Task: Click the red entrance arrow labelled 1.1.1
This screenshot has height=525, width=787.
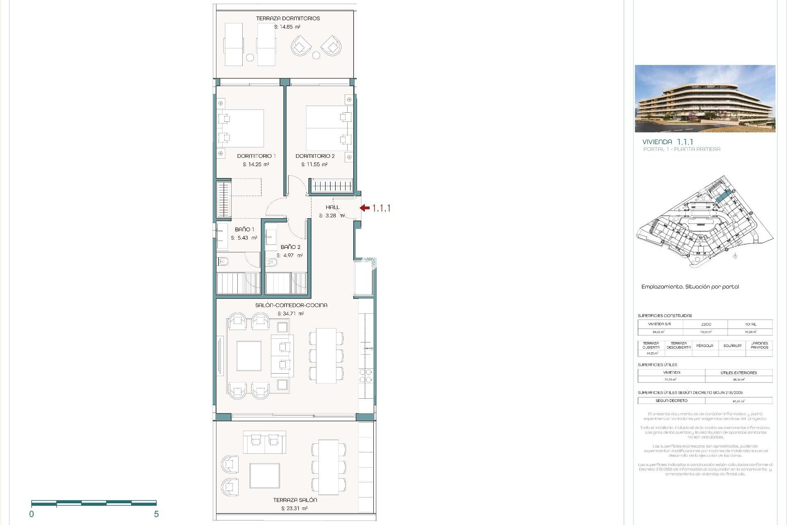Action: tap(365, 208)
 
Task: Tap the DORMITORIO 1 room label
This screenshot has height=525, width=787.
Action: tap(256, 156)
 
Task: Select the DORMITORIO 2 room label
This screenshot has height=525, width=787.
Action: tap(315, 156)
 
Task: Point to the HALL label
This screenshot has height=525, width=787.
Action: tap(332, 207)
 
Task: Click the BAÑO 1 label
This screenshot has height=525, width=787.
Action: tap(244, 229)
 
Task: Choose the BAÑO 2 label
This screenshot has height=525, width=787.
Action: tap(290, 247)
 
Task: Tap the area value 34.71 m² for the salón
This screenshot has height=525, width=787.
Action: tap(291, 314)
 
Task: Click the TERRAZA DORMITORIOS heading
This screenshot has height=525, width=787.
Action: tap(288, 18)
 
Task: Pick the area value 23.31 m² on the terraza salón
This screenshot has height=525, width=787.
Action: tap(294, 508)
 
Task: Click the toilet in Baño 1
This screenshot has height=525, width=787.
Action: tap(223, 261)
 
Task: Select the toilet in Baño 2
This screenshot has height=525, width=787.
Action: tap(271, 262)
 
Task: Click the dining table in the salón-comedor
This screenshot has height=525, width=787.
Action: tap(326, 355)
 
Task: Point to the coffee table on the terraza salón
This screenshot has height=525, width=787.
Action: tap(265, 475)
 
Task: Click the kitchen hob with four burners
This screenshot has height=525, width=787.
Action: tap(366, 376)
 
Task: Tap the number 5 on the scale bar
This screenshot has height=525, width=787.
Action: tap(156, 514)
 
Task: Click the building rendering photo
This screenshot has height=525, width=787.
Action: tap(705, 98)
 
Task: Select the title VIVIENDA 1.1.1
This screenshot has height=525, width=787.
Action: tap(668, 142)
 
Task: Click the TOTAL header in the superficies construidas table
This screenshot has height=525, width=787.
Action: tap(750, 324)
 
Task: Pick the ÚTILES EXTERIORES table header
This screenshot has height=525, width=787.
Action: tap(739, 373)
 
